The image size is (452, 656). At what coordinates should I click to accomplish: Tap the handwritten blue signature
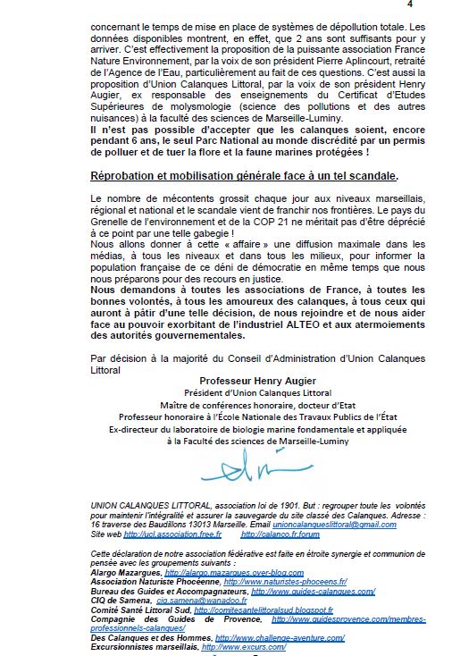pyautogui.click(x=228, y=466)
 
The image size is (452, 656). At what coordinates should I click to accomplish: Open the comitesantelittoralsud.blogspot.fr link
pyautogui.click(x=245, y=612)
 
